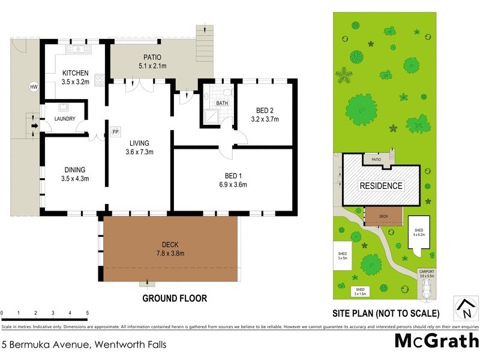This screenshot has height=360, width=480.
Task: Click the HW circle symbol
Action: point(34,87)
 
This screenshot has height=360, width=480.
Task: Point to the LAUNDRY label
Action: point(64,119)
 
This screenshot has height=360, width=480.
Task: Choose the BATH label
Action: point(223,103)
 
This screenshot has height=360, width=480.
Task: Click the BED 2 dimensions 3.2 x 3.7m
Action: point(265,119)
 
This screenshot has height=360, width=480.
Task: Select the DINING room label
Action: point(75,170)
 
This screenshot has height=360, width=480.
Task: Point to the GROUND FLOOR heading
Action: point(174,298)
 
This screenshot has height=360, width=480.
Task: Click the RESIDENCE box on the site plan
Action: point(381,186)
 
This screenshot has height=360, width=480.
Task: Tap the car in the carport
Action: point(427,288)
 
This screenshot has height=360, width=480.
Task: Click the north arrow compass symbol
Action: point(465,309)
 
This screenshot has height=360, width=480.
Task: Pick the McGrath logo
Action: point(436,341)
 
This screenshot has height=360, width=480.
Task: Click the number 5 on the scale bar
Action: point(88,313)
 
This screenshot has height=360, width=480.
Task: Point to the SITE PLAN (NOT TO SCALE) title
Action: point(386,313)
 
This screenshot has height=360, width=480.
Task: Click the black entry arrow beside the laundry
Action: point(35,126)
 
